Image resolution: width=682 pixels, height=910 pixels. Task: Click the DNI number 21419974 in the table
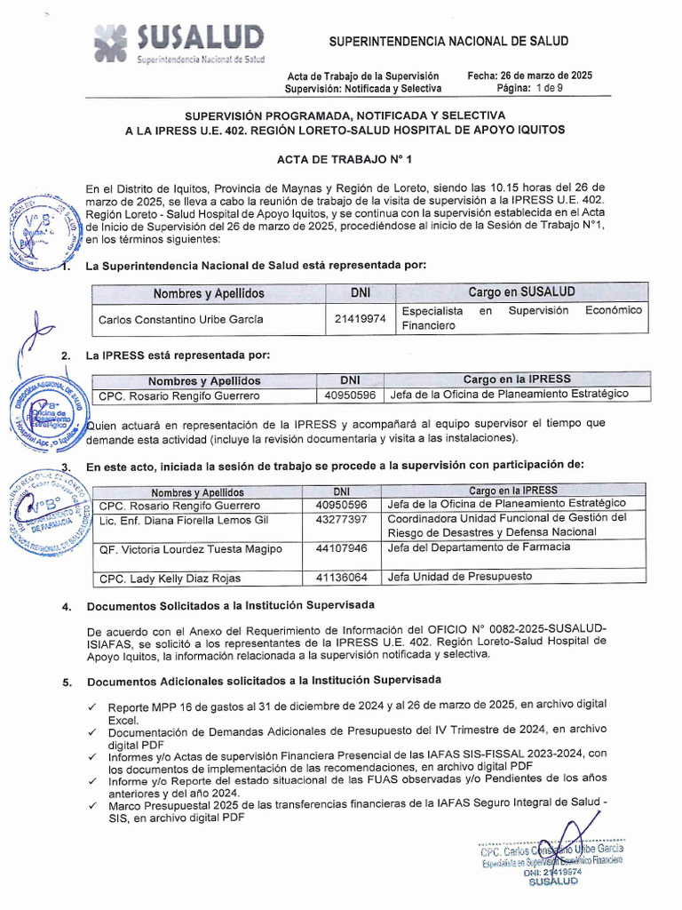pos(361,319)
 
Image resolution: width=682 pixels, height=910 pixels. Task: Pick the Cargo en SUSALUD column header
pos(521,292)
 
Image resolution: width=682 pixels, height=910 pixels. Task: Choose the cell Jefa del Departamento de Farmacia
pos(479,547)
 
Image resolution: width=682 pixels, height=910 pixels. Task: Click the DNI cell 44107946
pos(341,548)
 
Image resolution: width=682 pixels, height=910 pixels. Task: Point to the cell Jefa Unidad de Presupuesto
pos(459,577)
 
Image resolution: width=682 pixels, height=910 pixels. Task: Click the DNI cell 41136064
pos(341,578)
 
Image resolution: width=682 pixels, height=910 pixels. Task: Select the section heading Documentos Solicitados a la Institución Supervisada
pos(230,606)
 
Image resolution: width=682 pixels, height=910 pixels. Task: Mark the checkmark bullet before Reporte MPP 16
pos(92,705)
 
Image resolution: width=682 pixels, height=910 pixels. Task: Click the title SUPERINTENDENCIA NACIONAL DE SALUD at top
pos(448,42)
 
